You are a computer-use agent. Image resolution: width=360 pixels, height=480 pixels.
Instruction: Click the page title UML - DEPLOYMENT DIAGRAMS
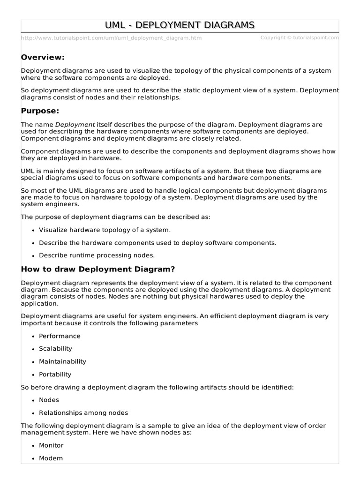coord(180,25)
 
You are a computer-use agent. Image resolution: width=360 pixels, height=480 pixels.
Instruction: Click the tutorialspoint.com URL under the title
coord(111,38)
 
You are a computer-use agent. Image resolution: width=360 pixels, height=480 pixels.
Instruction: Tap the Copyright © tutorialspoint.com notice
coord(300,37)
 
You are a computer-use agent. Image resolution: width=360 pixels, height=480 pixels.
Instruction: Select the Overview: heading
coord(43,57)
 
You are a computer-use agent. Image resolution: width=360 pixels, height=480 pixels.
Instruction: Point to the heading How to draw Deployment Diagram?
coord(98,269)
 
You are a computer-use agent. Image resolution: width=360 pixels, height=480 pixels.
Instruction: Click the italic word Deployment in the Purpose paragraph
coord(75,125)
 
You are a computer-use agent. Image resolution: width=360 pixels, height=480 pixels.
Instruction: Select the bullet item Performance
coord(60,336)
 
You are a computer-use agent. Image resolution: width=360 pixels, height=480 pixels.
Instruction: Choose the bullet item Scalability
coord(55,349)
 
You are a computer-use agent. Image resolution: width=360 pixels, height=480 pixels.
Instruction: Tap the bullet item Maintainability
coord(62,361)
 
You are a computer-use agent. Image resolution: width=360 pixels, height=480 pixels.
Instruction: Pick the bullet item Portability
coord(55,375)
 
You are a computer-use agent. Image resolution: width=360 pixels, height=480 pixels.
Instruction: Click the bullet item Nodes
coord(49,400)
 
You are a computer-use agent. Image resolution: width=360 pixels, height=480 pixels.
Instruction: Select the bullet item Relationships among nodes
coord(83,413)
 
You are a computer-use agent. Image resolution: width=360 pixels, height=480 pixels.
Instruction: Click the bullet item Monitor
coord(51,445)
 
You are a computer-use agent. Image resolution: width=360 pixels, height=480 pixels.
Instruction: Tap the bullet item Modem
coord(51,458)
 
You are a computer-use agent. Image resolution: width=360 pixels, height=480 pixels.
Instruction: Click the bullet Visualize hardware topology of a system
coord(105,230)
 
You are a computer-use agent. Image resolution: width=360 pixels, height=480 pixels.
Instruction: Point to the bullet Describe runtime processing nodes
coord(97,255)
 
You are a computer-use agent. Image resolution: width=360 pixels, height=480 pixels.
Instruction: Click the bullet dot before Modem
coord(33,459)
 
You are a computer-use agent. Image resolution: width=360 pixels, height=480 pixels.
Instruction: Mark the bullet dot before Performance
coord(33,337)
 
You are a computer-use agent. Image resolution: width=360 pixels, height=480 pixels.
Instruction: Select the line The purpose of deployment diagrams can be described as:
coord(116,217)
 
